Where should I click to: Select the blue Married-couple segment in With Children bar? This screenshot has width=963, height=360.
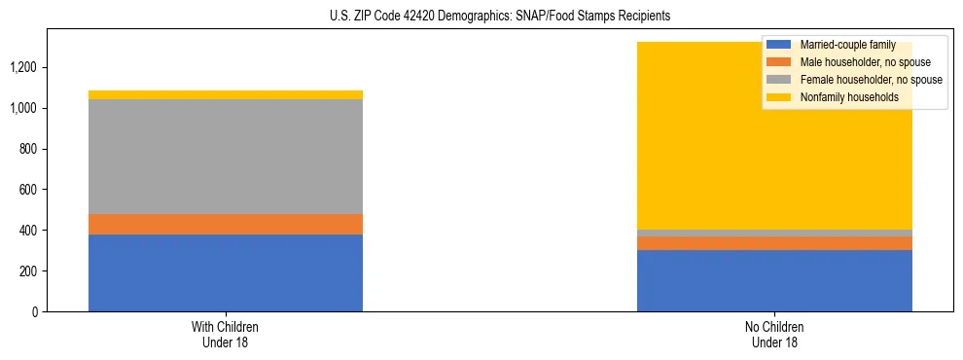pos(226,272)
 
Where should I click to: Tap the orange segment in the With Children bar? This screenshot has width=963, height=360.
pos(226,224)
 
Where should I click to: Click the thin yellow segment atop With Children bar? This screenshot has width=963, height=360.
pos(226,94)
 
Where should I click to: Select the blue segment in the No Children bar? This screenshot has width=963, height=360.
pos(774,280)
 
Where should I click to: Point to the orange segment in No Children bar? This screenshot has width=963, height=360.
pos(774,243)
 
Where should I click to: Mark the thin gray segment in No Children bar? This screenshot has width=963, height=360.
pos(774,233)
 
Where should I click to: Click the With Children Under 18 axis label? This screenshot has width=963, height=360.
pos(226,334)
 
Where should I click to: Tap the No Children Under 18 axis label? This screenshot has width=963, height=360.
pos(774,334)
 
